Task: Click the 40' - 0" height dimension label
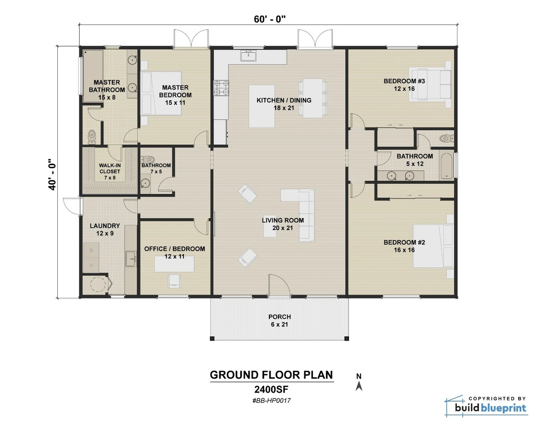[53, 174]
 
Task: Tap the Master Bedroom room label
[175, 91]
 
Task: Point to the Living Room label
[283, 224]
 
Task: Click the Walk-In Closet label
[109, 171]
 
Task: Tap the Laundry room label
[105, 229]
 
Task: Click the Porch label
[279, 320]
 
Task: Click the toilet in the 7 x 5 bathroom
[148, 159]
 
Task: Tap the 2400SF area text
[271, 389]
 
